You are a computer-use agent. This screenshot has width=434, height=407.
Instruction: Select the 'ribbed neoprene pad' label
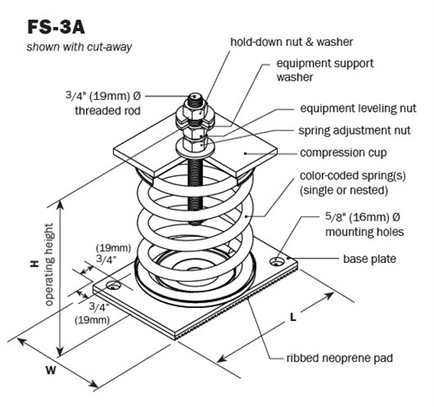(x=336, y=358)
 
